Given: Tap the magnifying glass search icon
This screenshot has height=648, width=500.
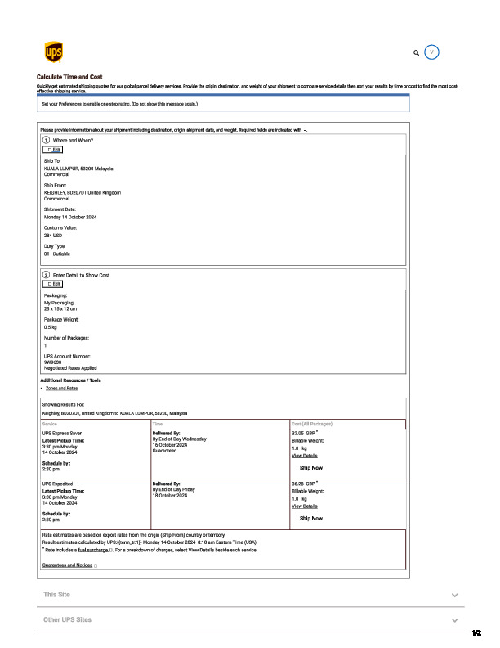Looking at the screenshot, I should (x=417, y=52).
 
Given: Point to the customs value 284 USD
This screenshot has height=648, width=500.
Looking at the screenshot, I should (x=53, y=235).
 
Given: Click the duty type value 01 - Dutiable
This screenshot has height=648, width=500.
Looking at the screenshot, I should (x=57, y=254).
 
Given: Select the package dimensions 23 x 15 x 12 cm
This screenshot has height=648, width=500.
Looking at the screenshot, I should (x=60, y=308).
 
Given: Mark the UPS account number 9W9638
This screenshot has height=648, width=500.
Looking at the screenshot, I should (x=53, y=362).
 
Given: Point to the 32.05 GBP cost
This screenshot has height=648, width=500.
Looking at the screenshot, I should (x=303, y=433).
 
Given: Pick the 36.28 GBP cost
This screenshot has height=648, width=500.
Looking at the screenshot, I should (x=303, y=484).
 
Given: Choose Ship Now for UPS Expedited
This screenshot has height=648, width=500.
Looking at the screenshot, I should (x=311, y=518).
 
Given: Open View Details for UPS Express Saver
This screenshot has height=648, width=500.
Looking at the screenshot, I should (x=305, y=456).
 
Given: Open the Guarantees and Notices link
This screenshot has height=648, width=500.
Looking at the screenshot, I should (x=67, y=565).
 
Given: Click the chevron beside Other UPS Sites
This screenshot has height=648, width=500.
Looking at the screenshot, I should (x=454, y=620).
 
